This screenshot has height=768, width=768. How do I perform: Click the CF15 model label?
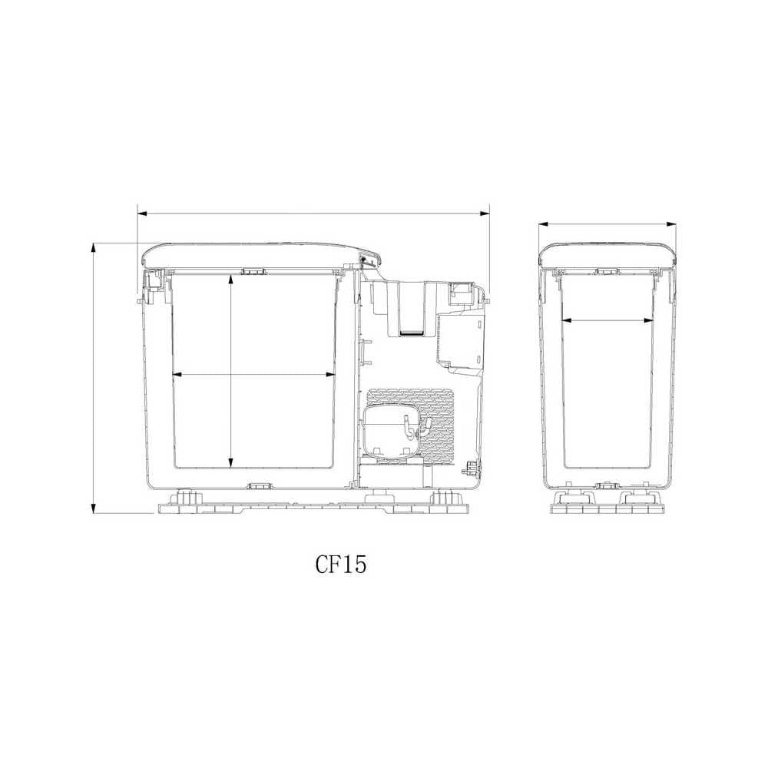[x=341, y=564]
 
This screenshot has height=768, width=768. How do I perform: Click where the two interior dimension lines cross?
[x=231, y=375]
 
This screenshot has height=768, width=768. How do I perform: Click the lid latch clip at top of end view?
[x=607, y=271]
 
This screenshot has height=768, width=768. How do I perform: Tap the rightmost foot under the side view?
[x=442, y=498]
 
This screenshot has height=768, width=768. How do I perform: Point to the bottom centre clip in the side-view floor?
[x=259, y=486]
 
